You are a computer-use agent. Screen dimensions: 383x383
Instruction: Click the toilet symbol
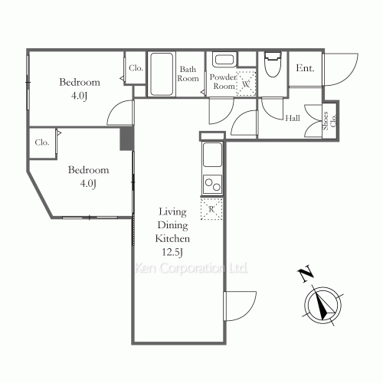click(273, 64)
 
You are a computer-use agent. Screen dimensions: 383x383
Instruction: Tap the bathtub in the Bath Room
click(162, 74)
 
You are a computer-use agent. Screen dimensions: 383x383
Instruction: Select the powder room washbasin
click(224, 60)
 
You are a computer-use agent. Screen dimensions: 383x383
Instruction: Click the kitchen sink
click(212, 155)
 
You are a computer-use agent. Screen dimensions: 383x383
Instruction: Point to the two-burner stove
click(212, 185)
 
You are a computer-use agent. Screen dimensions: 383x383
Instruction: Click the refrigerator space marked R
click(211, 209)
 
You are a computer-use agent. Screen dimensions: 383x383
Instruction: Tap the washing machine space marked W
click(246, 83)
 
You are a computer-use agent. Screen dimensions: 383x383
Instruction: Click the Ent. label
click(305, 68)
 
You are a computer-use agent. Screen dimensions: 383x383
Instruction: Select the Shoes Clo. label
click(329, 121)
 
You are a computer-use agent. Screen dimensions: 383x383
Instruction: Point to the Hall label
click(293, 118)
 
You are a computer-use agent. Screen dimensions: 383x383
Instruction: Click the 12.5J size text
click(172, 252)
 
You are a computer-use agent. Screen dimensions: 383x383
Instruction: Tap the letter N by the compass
click(306, 274)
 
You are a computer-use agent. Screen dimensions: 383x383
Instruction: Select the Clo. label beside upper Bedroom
click(136, 68)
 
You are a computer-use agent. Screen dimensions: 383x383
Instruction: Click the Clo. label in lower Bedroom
click(42, 142)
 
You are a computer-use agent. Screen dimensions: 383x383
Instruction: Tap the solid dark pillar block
click(126, 138)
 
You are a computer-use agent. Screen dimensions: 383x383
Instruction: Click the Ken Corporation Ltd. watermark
click(191, 268)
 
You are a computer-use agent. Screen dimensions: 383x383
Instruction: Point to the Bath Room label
click(188, 74)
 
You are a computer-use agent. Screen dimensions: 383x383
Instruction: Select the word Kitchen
click(172, 238)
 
